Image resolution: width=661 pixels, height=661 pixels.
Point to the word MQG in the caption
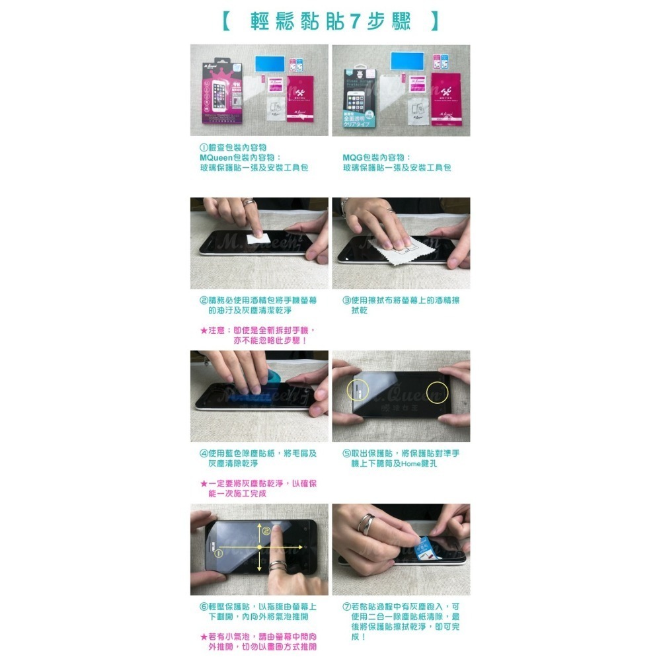354,158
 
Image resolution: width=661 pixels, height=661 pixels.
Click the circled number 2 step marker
204,301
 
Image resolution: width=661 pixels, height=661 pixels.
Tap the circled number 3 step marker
346,301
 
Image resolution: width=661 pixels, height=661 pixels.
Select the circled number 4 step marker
204,453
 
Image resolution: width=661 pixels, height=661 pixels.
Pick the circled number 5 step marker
346,453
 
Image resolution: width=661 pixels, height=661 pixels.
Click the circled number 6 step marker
204,607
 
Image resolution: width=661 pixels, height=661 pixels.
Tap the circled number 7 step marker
346,607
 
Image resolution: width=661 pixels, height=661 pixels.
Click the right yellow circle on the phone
437,392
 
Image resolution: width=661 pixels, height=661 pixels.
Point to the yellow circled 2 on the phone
266,531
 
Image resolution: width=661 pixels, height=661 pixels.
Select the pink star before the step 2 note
204,330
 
